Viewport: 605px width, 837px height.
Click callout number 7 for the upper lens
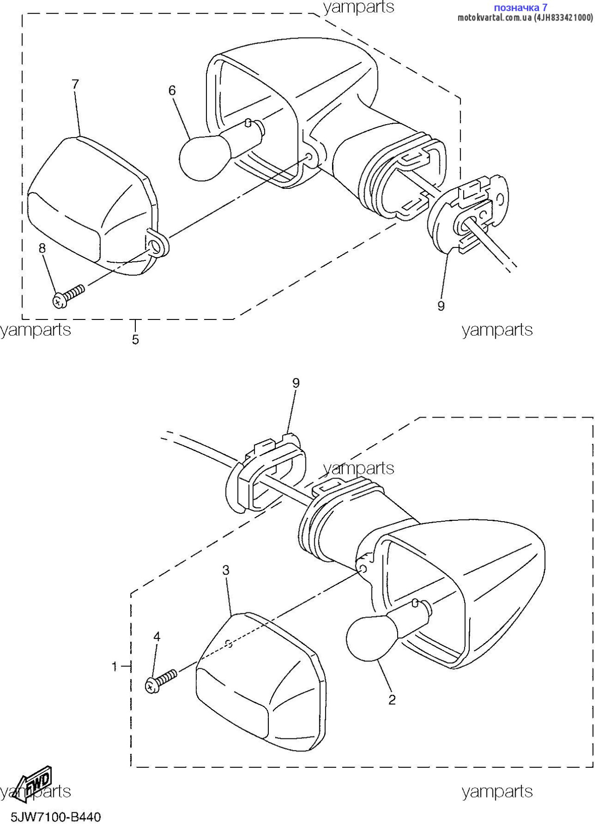(75, 84)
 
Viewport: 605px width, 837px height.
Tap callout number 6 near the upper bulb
(172, 90)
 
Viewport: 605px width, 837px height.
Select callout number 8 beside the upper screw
(42, 248)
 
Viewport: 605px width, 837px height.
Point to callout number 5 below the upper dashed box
(135, 340)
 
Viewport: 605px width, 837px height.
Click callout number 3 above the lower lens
(226, 570)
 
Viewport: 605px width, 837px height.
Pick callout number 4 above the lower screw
(157, 637)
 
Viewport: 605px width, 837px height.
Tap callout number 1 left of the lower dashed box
(115, 667)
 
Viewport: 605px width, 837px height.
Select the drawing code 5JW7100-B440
(55, 817)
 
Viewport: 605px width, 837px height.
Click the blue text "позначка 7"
(520, 7)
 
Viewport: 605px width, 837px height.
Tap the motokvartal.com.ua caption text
(525, 18)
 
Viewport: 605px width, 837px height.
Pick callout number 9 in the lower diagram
(296, 383)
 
